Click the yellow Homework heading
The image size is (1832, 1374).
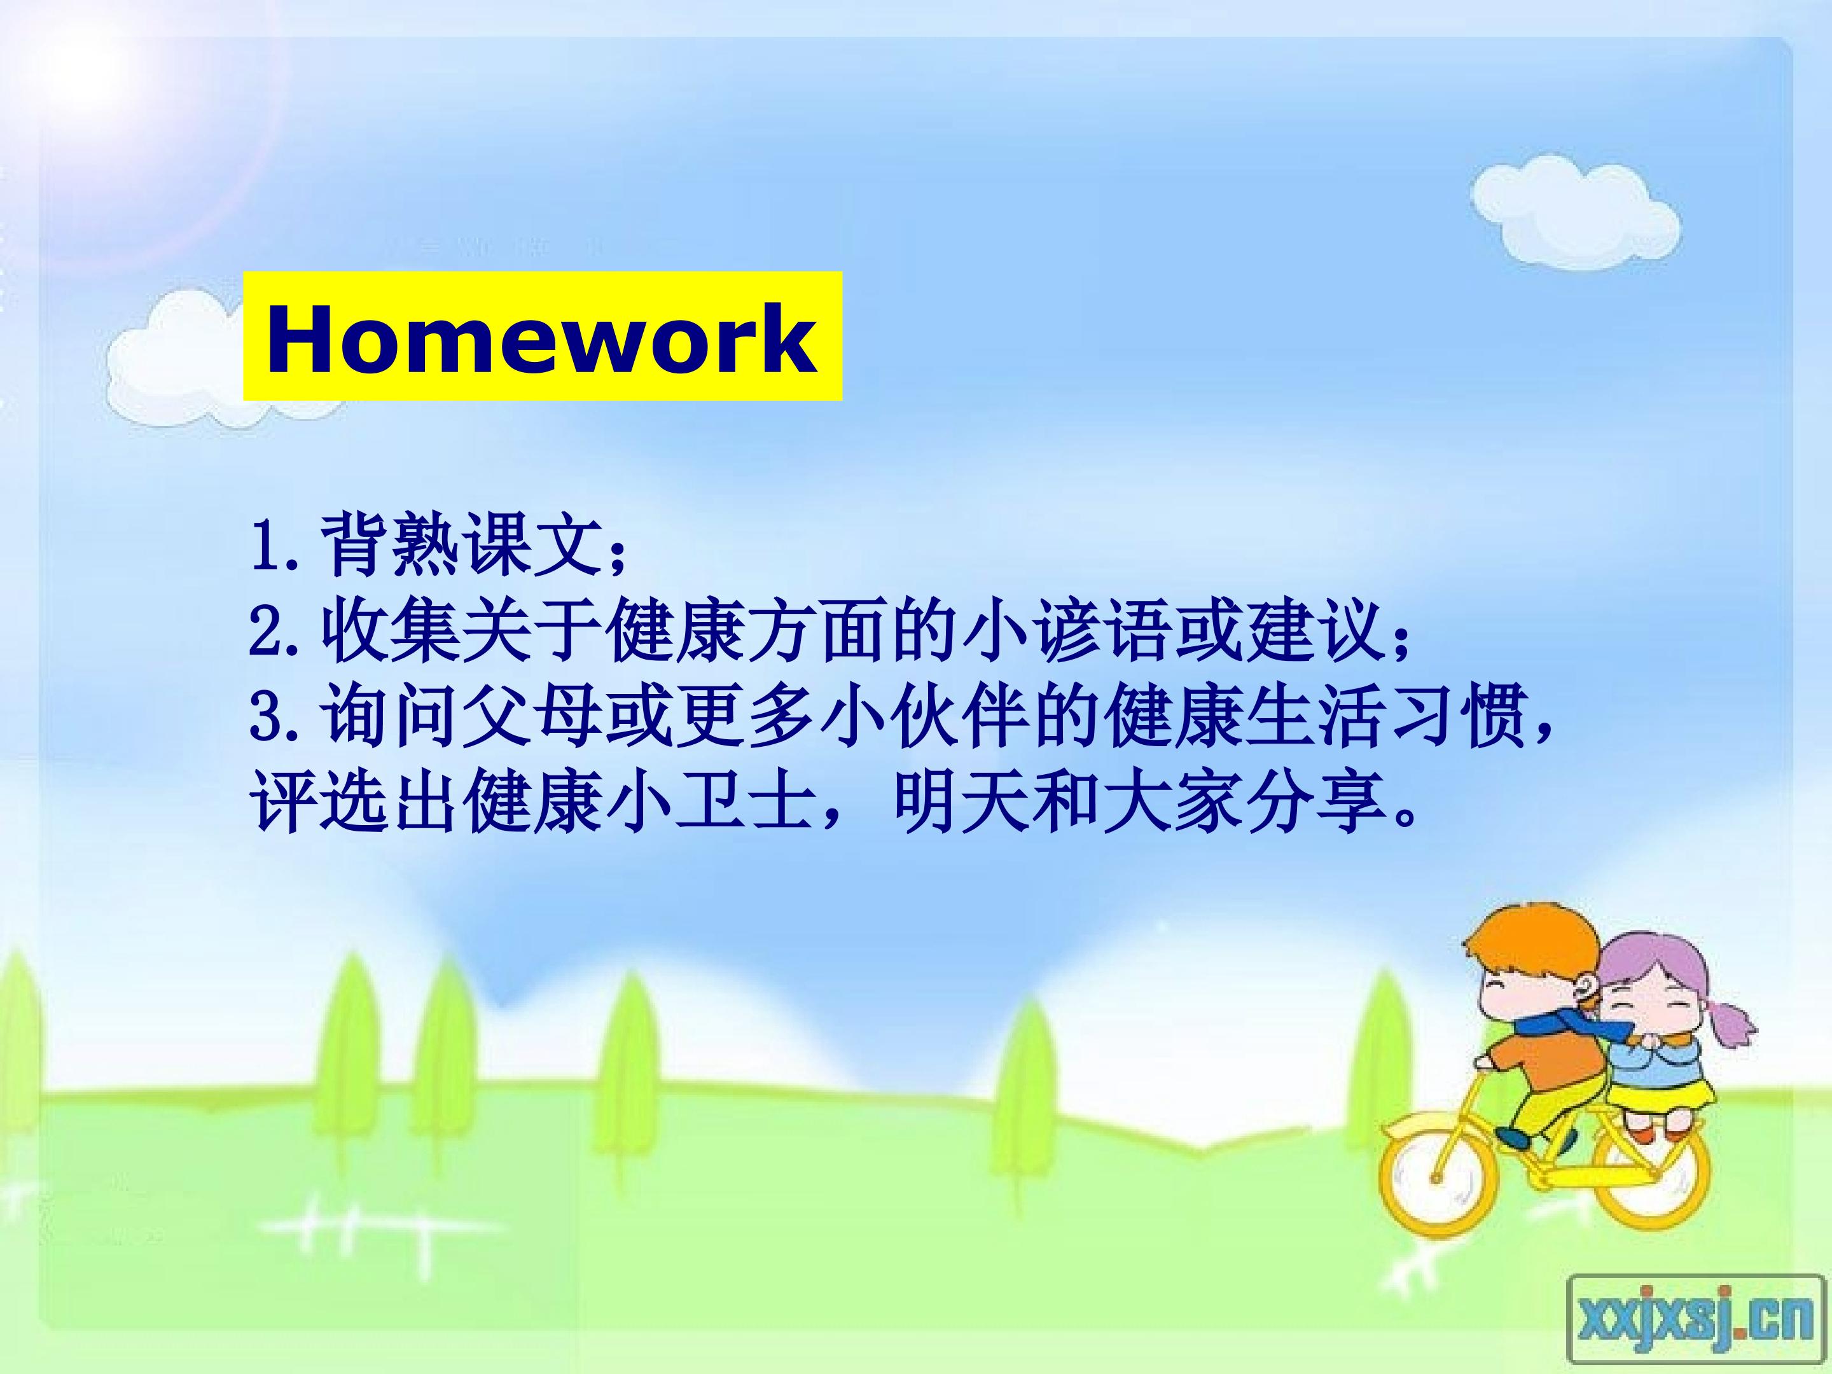pos(543,337)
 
